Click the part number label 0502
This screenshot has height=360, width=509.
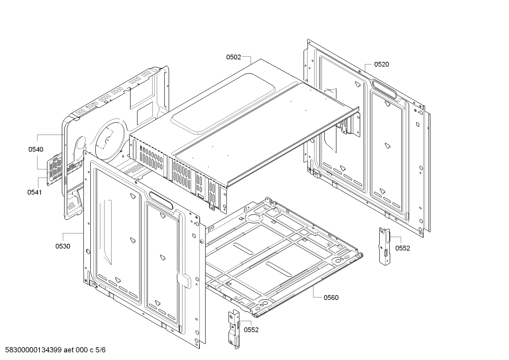pyautogui.click(x=233, y=57)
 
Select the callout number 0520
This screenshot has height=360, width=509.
pyautogui.click(x=381, y=64)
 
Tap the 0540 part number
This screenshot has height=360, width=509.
pyautogui.click(x=36, y=149)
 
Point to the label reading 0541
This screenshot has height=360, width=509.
pyautogui.click(x=34, y=192)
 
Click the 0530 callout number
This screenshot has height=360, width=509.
pyautogui.click(x=62, y=246)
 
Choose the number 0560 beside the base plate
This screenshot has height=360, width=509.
pyautogui.click(x=331, y=297)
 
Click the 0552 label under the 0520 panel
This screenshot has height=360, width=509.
pyautogui.click(x=402, y=248)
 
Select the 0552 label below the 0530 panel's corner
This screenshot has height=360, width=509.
pyautogui.click(x=251, y=330)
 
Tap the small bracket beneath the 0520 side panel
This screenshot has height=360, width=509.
pyautogui.click(x=384, y=245)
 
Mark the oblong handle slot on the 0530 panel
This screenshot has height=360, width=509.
pyautogui.click(x=161, y=200)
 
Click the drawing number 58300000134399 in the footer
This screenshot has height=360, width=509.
pyautogui.click(x=31, y=350)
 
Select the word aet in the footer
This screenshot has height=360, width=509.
pyautogui.click(x=70, y=350)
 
